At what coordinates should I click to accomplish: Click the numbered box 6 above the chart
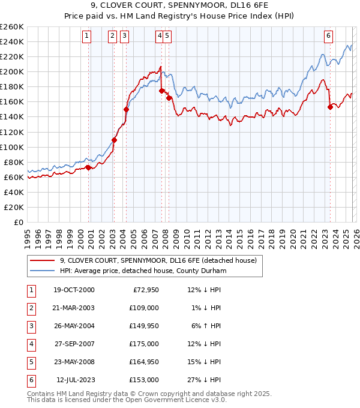pos(329,36)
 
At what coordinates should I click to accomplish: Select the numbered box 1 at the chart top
pos(88,36)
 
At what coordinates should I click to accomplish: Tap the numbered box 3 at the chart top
pos(124,36)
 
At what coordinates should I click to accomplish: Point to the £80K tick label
pos(14,162)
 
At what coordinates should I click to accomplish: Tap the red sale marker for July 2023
pos(330,107)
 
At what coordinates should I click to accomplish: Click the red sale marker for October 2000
pos(88,167)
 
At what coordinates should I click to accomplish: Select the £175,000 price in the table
pos(146,344)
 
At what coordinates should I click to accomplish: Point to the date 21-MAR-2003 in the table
pos(74,308)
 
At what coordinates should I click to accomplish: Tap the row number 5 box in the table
pos(30,362)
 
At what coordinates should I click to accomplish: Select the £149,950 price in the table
pos(146,326)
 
